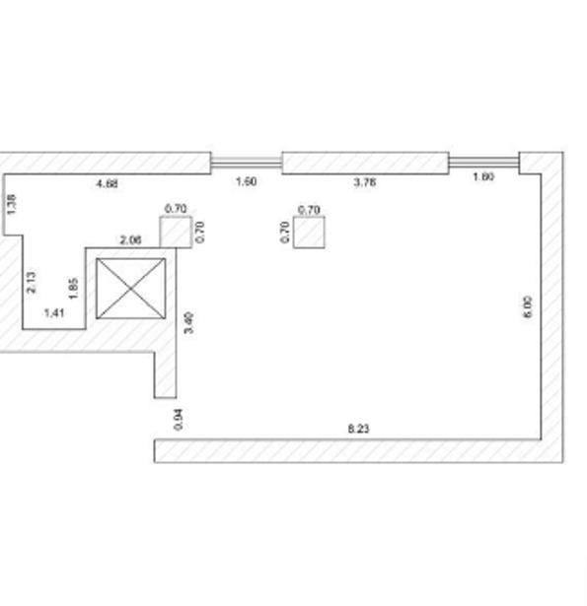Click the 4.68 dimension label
[108, 183]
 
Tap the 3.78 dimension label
[364, 182]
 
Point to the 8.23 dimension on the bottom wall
[359, 429]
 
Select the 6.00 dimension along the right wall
[528, 307]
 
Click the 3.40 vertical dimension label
[188, 323]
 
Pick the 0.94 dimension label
[179, 420]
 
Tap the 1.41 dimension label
[54, 312]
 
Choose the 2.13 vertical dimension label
[32, 282]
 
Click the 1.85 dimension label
[73, 288]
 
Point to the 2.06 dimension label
[131, 240]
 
